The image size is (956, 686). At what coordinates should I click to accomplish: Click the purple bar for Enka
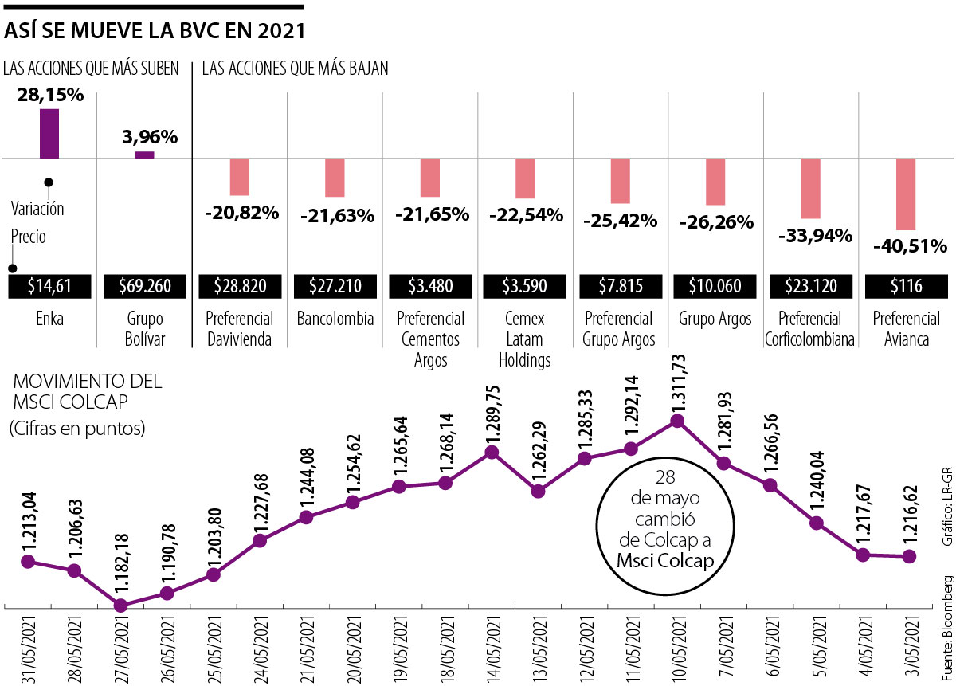[49, 133]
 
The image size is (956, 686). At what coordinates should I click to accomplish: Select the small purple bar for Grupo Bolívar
[144, 155]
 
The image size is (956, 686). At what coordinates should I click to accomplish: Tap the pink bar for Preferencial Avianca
[906, 194]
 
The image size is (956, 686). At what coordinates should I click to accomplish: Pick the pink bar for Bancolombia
[335, 178]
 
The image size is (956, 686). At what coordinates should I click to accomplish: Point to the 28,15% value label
[50, 95]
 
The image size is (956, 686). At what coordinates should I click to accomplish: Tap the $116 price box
[907, 286]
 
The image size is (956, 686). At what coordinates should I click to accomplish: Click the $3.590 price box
[525, 286]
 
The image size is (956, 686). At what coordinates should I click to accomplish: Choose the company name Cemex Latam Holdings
[525, 339]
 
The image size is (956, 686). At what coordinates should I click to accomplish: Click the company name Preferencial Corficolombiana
[811, 329]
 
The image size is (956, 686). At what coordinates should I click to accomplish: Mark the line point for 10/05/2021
[678, 421]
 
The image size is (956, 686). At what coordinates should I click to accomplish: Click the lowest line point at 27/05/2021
[120, 605]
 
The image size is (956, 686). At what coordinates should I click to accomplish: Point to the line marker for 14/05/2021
[492, 452]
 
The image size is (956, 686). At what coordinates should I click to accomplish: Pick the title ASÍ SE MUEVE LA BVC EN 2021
[155, 31]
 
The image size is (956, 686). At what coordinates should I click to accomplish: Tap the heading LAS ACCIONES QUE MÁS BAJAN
[295, 69]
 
